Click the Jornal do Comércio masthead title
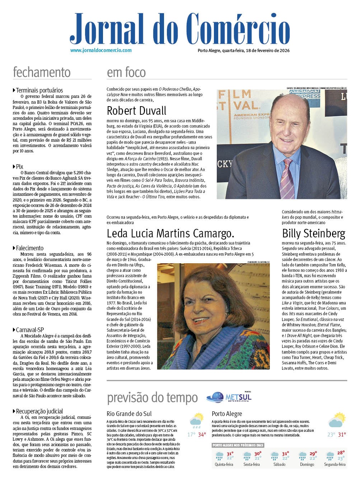(x=179, y=29)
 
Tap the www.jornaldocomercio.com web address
(x=101, y=51)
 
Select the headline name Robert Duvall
(x=137, y=110)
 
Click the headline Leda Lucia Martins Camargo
(x=170, y=233)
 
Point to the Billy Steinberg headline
(x=314, y=233)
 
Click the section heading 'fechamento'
(x=42, y=72)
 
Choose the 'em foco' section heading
(x=126, y=72)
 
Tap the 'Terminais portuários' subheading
(x=39, y=90)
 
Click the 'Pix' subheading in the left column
(x=19, y=166)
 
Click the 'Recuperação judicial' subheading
(x=39, y=411)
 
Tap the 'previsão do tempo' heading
(x=153, y=398)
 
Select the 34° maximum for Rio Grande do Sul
(x=202, y=435)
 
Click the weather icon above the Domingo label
(x=303, y=455)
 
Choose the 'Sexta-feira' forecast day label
(x=252, y=464)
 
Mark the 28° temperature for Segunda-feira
(x=341, y=453)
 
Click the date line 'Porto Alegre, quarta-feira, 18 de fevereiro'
(x=244, y=51)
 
